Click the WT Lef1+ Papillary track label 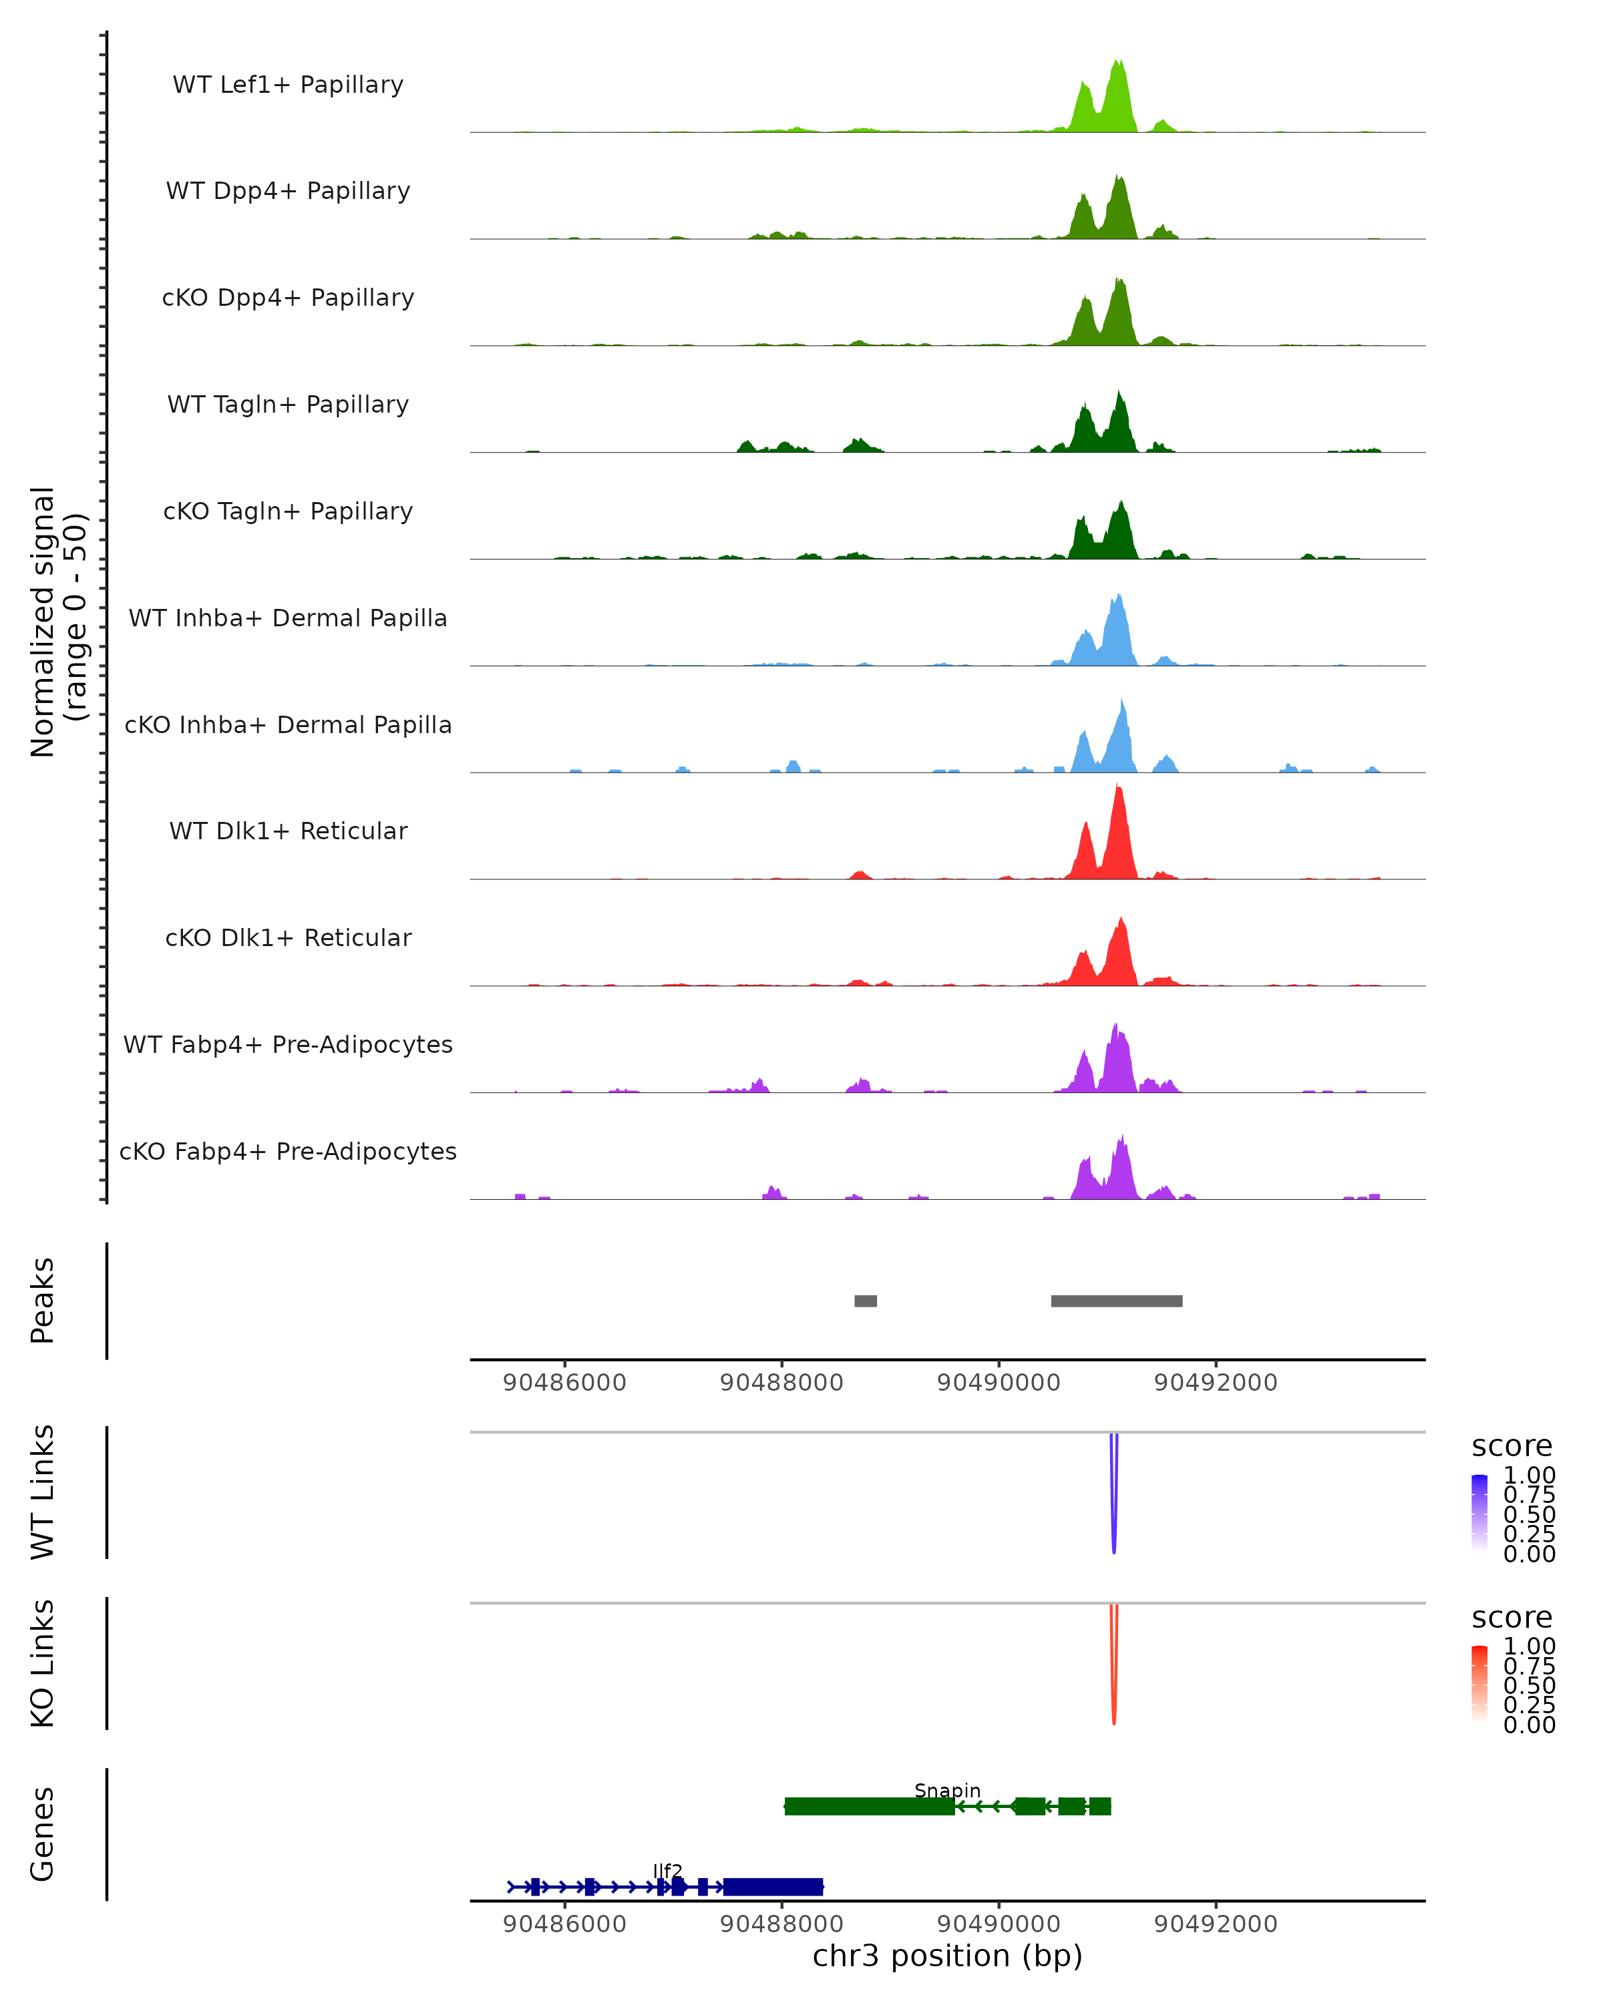(288, 85)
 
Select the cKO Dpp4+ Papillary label (288, 298)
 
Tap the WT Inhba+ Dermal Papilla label (288, 619)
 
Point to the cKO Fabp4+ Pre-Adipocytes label (288, 1152)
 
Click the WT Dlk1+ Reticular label (288, 831)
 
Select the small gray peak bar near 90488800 (865, 1301)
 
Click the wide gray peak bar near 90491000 (1116, 1301)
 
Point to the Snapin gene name (947, 1790)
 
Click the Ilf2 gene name (667, 1871)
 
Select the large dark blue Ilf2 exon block (773, 1887)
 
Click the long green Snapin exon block (869, 1806)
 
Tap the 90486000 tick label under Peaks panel (564, 1383)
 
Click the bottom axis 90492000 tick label (1216, 1924)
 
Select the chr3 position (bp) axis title (947, 1956)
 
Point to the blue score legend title (1511, 1447)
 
